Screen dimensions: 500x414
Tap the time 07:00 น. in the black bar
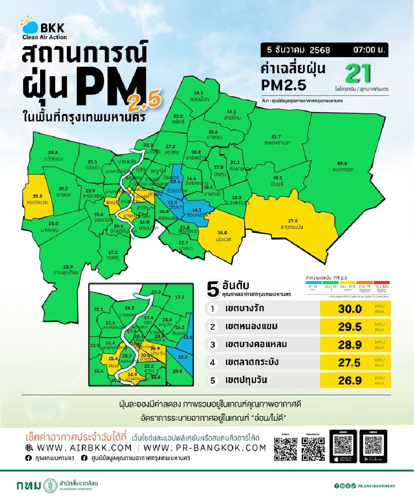coord(370,50)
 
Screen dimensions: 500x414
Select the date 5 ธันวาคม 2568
coord(298,50)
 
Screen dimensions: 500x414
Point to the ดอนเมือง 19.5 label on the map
coord(198,96)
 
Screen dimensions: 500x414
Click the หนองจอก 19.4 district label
coord(343,166)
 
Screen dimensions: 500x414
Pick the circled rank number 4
coord(212,362)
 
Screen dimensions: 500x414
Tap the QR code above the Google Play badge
coord(373,444)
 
